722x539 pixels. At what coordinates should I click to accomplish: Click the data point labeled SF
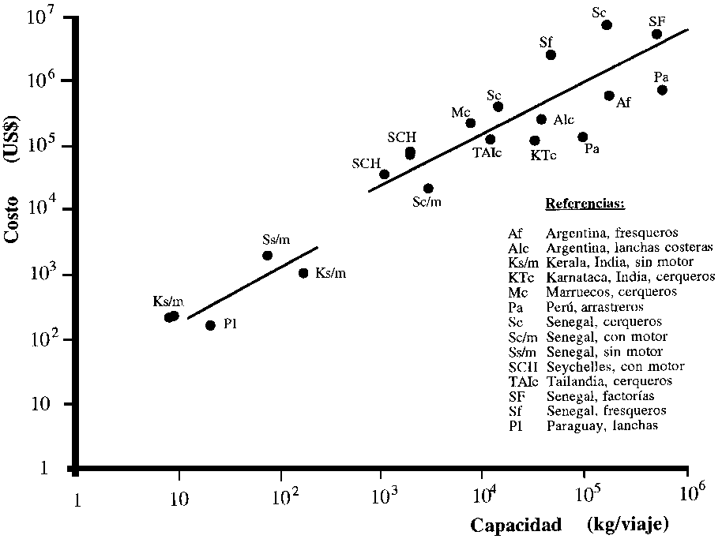(656, 34)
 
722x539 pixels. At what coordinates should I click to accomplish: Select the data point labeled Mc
(470, 123)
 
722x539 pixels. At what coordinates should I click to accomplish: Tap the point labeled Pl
(210, 325)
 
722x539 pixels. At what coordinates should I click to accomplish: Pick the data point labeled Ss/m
(267, 256)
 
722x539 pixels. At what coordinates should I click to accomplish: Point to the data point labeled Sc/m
(428, 189)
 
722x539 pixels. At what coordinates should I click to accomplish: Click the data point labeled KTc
(535, 140)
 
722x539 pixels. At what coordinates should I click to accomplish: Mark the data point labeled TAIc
(490, 140)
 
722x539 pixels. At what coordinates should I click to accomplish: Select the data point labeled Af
(609, 95)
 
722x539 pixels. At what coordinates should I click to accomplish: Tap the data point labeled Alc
(541, 119)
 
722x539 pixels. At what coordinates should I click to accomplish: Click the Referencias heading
(585, 204)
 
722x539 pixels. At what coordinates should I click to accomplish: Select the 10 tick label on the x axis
(179, 498)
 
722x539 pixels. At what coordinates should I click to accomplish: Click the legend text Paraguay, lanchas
(601, 425)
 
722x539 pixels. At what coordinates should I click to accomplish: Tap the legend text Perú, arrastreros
(595, 306)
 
